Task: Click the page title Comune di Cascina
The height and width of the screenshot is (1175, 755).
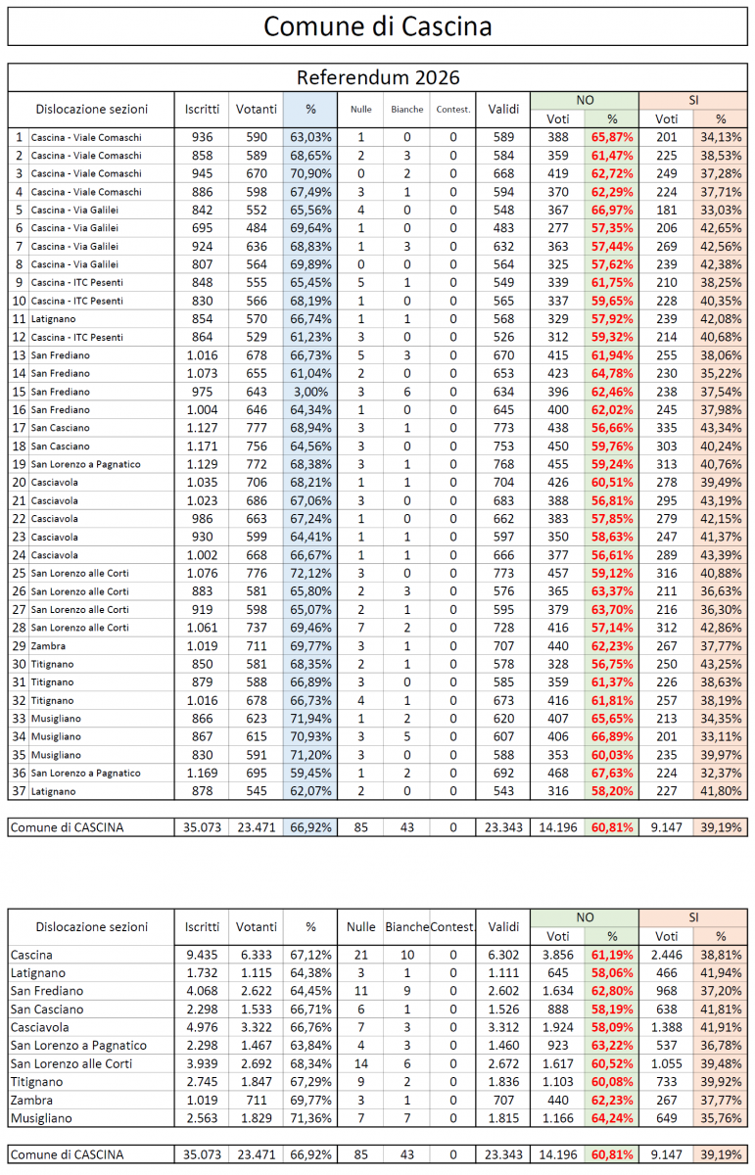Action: pyautogui.click(x=377, y=25)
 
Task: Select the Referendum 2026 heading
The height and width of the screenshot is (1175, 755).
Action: pyautogui.click(x=377, y=77)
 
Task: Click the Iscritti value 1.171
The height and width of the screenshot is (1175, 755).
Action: pyautogui.click(x=205, y=446)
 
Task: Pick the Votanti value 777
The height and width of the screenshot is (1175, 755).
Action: pyautogui.click(x=257, y=428)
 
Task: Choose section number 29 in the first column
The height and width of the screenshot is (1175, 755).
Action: pyautogui.click(x=18, y=645)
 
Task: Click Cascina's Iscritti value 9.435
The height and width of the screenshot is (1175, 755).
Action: pyautogui.click(x=205, y=954)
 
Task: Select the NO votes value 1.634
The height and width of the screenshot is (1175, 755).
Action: pyautogui.click(x=560, y=991)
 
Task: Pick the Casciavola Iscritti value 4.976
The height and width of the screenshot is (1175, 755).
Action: pyautogui.click(x=205, y=1027)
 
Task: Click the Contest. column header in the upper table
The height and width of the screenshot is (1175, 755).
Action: pyautogui.click(x=453, y=110)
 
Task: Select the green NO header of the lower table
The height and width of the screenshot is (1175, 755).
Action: pyautogui.click(x=585, y=917)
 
